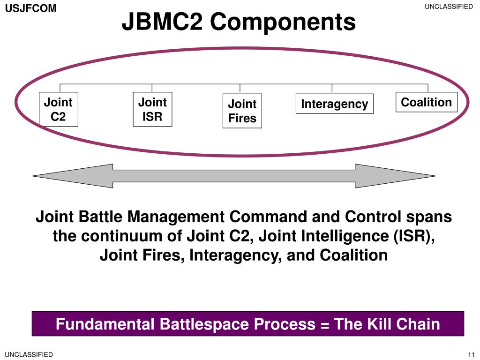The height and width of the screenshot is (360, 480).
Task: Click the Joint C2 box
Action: tap(59, 109)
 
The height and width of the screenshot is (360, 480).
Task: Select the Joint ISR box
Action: tap(152, 109)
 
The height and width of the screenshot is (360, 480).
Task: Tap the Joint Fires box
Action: tap(242, 111)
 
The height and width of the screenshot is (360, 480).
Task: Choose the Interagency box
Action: tap(335, 104)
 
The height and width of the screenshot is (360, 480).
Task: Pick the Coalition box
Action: tap(427, 102)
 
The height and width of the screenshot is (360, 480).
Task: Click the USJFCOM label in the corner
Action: tap(31, 8)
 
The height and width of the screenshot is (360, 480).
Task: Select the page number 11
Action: tap(471, 354)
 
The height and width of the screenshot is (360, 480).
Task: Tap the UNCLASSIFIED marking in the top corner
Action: tap(449, 7)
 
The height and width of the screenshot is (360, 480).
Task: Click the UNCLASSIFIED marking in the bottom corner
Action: tap(29, 354)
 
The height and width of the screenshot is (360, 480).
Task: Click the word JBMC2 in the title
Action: tap(162, 22)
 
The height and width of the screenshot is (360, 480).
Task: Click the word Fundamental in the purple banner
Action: tap(105, 323)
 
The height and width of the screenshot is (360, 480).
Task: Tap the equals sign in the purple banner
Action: tap(325, 325)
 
